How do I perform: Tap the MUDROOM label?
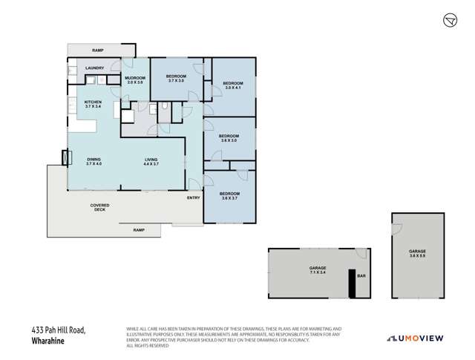pyautogui.click(x=134, y=79)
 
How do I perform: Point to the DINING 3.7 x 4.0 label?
pyautogui.click(x=94, y=161)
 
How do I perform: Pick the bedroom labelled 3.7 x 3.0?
pyautogui.click(x=175, y=79)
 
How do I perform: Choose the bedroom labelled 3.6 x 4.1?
pyautogui.click(x=233, y=85)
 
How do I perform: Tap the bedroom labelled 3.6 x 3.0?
pyautogui.click(x=229, y=138)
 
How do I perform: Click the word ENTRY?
pyautogui.click(x=193, y=197)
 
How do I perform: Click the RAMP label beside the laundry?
pyautogui.click(x=97, y=50)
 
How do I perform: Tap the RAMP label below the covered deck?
pyautogui.click(x=138, y=230)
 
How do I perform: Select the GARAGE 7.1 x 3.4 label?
pyautogui.click(x=318, y=269)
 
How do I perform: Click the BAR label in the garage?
pyautogui.click(x=361, y=276)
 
